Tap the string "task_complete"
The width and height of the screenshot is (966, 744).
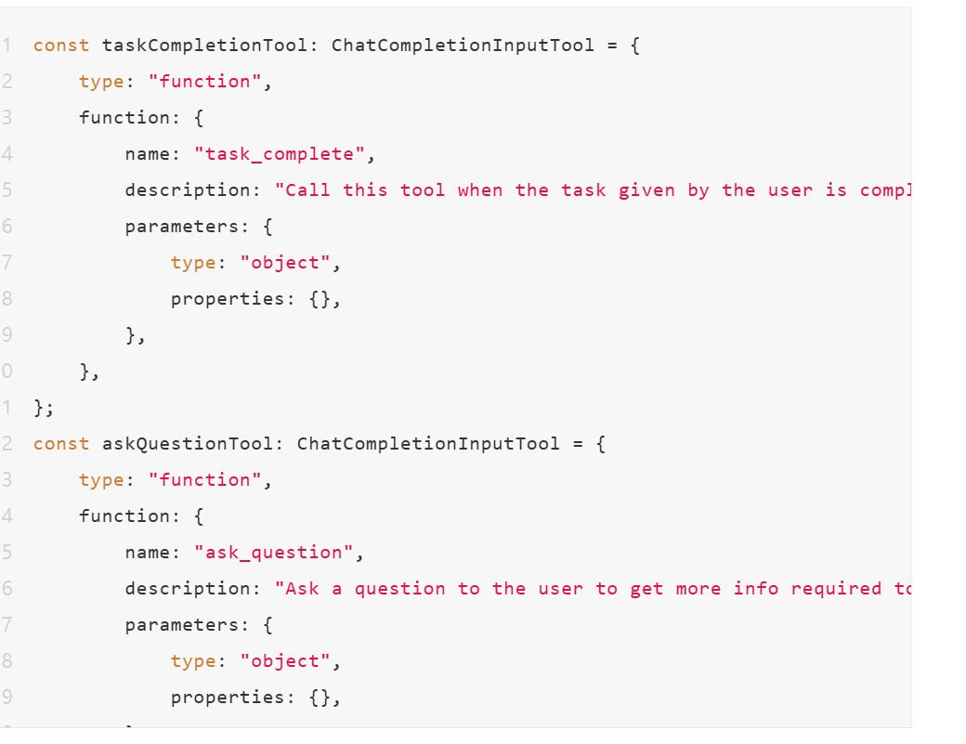(x=280, y=153)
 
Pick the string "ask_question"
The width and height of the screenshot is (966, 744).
(x=274, y=553)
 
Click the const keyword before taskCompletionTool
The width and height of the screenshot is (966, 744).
(x=61, y=45)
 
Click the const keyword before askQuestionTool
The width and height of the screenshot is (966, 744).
(x=61, y=443)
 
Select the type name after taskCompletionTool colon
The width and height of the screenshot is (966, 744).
(x=463, y=45)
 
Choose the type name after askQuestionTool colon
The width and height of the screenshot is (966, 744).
(x=428, y=443)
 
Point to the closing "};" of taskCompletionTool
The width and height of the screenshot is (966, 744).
(x=44, y=408)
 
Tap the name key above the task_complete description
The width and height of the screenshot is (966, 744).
(x=148, y=153)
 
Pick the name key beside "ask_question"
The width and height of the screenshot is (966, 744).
(x=148, y=553)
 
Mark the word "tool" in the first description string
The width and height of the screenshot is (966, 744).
(x=423, y=190)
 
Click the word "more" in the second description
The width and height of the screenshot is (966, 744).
(x=698, y=589)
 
